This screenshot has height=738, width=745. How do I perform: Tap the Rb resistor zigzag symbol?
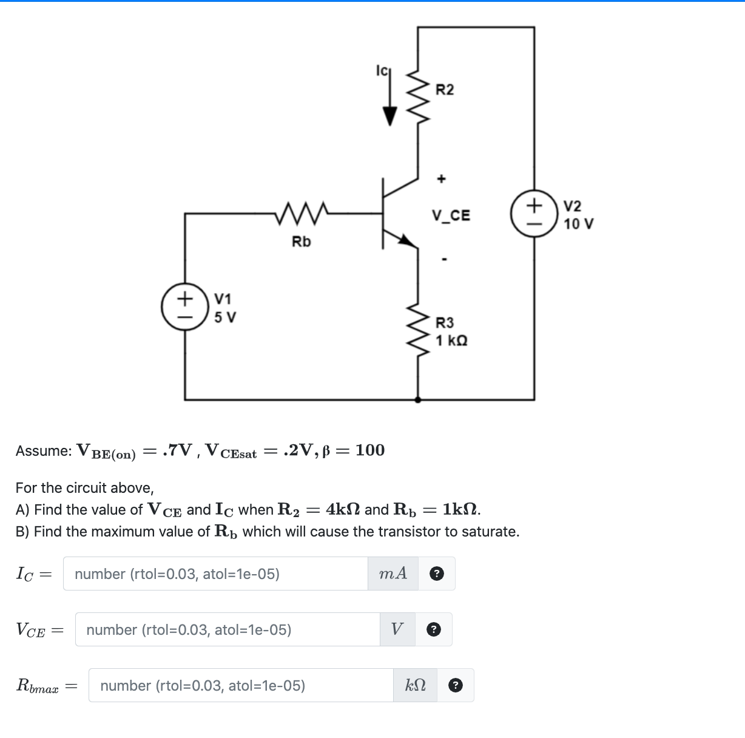tap(302, 212)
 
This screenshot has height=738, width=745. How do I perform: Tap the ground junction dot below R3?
tap(417, 399)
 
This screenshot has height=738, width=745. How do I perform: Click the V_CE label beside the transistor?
tap(451, 215)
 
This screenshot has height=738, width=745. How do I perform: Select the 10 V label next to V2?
tap(578, 224)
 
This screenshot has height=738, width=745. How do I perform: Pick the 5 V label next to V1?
tap(225, 317)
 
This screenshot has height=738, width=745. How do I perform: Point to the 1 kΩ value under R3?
tap(451, 340)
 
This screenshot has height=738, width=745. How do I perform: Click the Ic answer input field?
tap(215, 574)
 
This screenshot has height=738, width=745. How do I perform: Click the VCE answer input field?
tap(228, 629)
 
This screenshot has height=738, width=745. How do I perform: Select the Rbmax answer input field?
tap(241, 685)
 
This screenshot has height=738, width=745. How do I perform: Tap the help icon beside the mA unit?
tap(436, 574)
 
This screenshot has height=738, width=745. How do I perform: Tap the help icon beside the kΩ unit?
tap(455, 685)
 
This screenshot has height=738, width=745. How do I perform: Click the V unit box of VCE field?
tap(397, 629)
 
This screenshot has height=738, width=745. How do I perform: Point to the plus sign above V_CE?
tap(442, 178)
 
